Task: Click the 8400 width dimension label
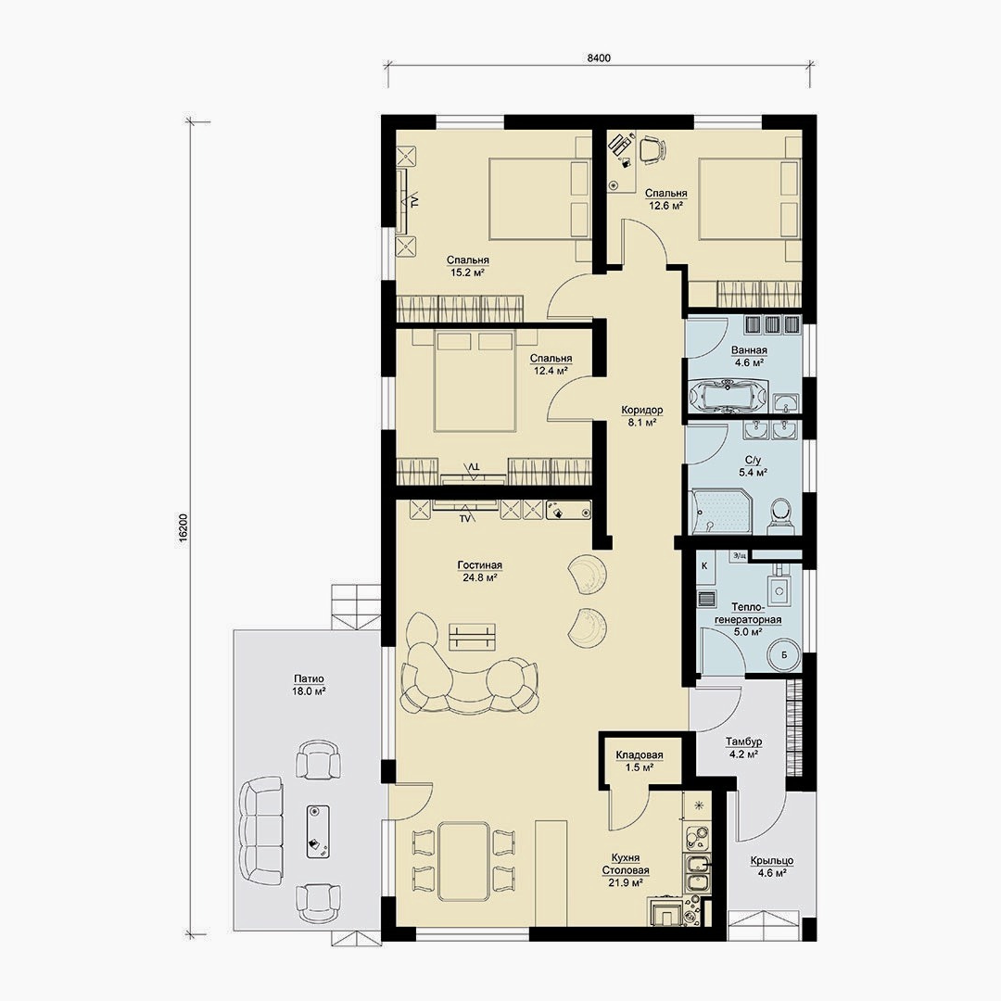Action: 599,58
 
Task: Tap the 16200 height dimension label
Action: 184,528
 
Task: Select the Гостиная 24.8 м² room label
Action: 479,571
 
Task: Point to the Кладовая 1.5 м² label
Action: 639,761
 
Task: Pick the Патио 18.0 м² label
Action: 309,684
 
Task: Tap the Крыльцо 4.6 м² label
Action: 771,867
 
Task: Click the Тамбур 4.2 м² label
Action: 743,748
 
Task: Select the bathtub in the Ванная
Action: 729,396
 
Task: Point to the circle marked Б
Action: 783,655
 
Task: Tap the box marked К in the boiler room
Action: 704,566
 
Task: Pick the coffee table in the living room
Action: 473,637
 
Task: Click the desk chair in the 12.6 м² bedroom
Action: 652,150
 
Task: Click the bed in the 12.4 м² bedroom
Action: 475,382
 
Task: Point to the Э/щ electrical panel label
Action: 740,556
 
